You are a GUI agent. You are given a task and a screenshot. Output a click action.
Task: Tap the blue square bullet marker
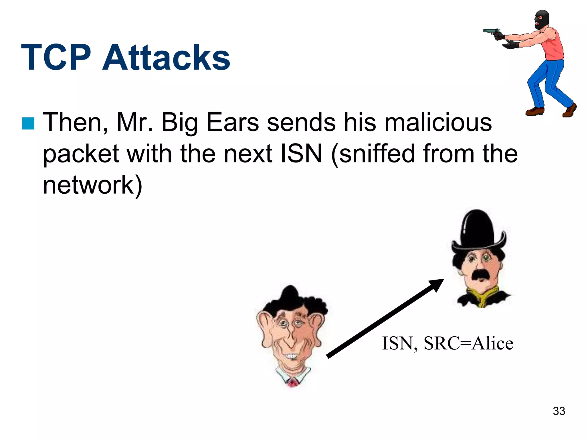coord(28,123)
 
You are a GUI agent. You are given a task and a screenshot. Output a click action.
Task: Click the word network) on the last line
coord(92,185)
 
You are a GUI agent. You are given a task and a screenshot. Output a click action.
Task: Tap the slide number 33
coord(559,411)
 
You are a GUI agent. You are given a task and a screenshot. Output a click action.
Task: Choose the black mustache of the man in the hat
coord(481,274)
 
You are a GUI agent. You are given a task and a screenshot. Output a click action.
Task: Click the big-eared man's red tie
coord(292,383)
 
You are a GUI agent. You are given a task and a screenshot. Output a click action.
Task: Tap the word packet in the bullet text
coord(81,154)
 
